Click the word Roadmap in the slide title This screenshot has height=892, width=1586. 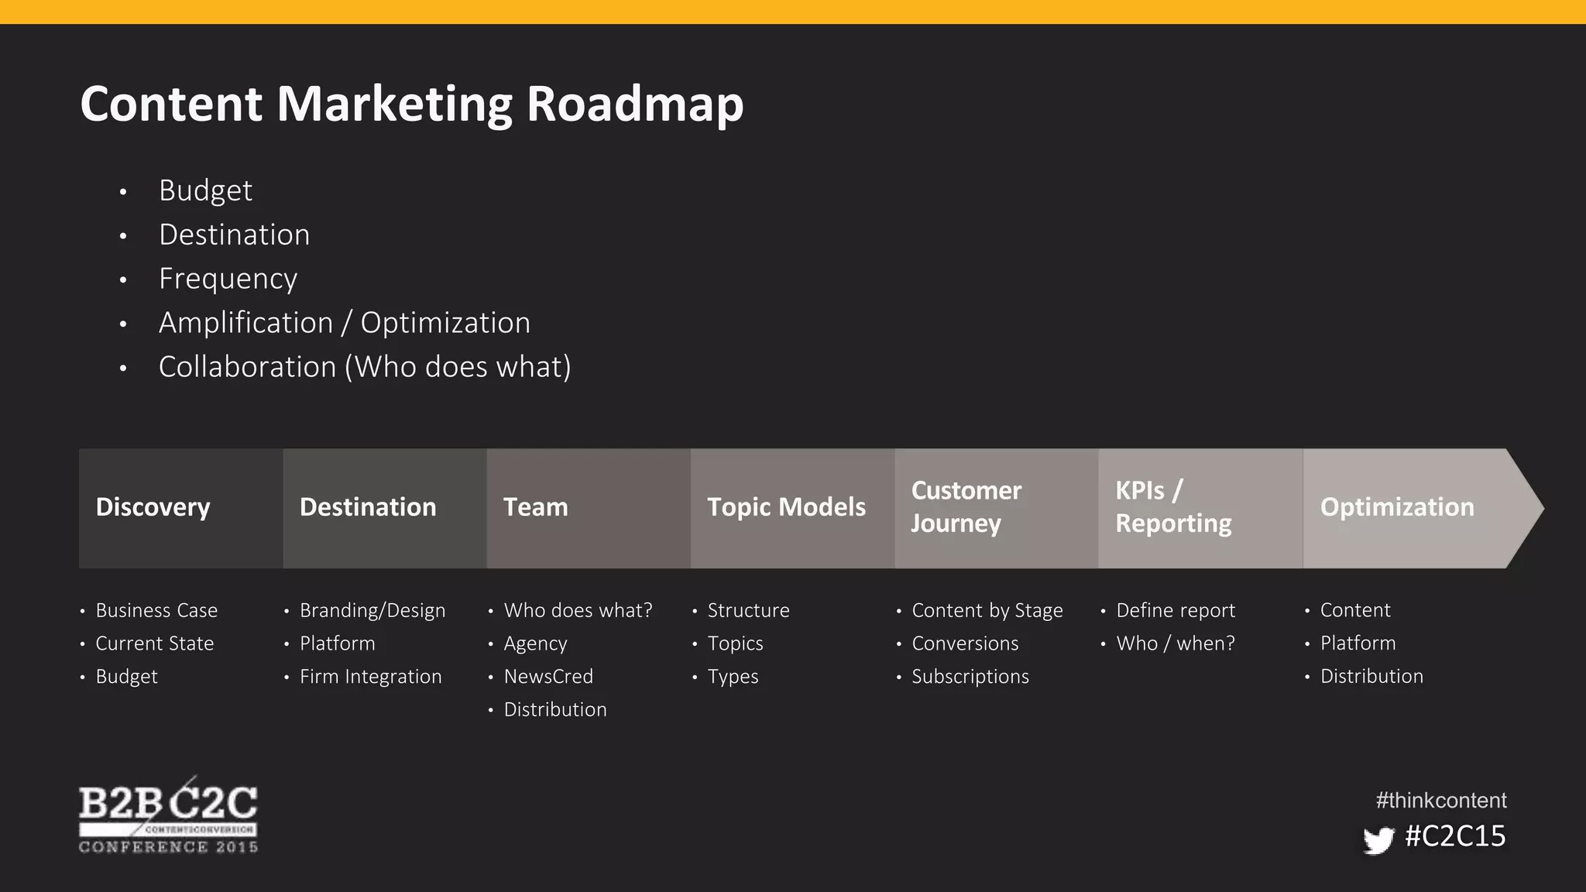634,104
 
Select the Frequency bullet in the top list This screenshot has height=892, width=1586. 228,279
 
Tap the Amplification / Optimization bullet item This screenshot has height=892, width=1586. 344,323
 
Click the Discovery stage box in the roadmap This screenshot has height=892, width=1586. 180,508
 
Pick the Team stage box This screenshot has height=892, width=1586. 588,508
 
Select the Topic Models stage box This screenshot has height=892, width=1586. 791,508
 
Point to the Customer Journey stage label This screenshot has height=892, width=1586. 966,507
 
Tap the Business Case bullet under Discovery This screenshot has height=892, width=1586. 156,610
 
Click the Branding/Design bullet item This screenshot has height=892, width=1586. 372,610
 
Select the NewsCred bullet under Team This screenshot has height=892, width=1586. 548,676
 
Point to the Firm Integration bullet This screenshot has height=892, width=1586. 370,676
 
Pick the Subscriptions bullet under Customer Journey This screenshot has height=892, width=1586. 970,676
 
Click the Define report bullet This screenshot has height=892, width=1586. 1175,610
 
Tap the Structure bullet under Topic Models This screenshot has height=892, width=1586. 748,610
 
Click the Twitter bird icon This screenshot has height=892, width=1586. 1378,839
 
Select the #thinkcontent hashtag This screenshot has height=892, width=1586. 1440,800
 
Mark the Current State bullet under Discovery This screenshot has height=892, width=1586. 154,643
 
